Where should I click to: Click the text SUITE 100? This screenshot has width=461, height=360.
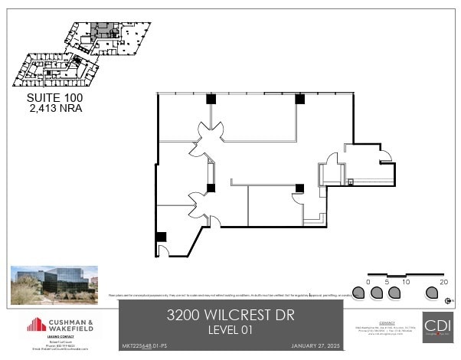tap(54, 98)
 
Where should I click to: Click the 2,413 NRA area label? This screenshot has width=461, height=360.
tap(54, 108)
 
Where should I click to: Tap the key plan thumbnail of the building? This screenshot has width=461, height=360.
tap(77, 52)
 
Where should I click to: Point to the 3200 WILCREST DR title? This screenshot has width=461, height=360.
tap(230, 315)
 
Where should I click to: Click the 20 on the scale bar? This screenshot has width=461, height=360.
tap(443, 282)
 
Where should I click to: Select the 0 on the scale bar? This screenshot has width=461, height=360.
tap(368, 282)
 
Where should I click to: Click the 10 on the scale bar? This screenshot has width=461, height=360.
tap(406, 282)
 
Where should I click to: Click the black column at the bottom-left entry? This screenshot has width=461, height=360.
tap(161, 237)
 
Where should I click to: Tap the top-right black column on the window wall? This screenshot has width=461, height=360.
tap(300, 99)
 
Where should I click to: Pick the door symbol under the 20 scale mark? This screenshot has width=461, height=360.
tap(442, 293)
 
